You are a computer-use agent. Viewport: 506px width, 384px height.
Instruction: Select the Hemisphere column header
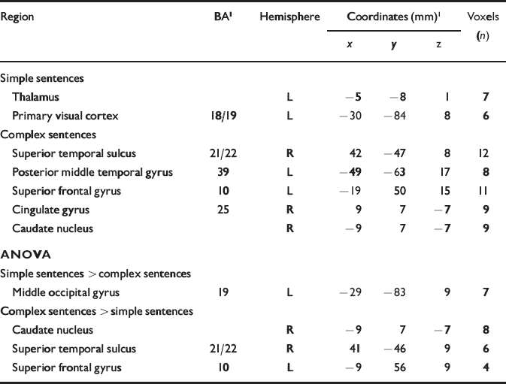(289, 16)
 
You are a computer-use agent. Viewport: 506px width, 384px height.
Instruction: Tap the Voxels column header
(482, 16)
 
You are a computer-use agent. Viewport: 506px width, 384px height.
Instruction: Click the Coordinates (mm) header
(392, 16)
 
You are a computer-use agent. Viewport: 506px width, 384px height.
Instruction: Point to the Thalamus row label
(35, 97)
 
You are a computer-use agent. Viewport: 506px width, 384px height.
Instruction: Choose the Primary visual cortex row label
(65, 116)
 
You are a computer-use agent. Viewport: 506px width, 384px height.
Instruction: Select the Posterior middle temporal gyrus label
(92, 172)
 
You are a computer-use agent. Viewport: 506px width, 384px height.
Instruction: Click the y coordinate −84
(394, 116)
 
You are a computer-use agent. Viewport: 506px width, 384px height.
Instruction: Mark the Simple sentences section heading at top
(42, 78)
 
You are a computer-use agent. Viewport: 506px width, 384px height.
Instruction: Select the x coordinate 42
(356, 153)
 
